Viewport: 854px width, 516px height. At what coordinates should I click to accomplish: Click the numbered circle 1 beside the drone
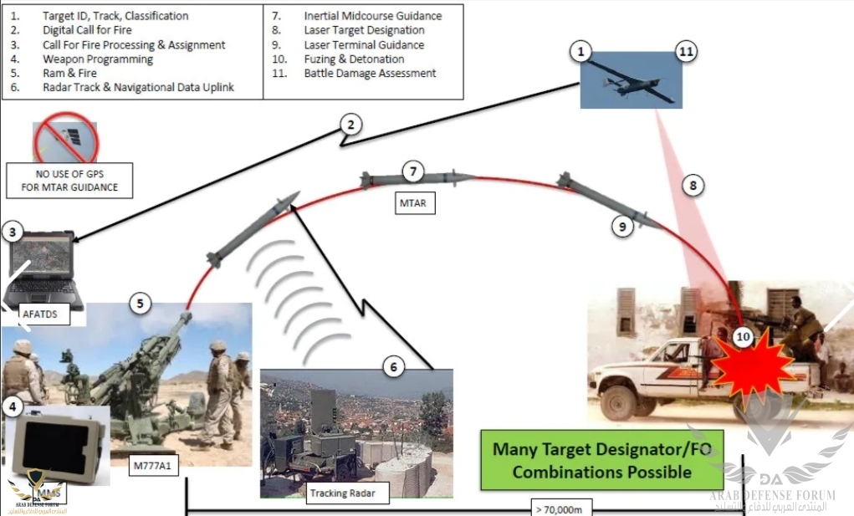580,53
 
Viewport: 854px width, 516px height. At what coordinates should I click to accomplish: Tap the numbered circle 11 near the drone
685,53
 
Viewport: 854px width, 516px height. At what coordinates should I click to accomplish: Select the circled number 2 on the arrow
351,125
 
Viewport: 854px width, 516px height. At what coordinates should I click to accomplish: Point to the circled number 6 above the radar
394,366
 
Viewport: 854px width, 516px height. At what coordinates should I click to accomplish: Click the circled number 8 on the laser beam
692,186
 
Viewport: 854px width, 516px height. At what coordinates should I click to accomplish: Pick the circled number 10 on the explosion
742,337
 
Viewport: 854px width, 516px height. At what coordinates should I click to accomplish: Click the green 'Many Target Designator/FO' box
601,460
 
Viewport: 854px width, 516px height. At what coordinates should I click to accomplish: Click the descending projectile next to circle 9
602,200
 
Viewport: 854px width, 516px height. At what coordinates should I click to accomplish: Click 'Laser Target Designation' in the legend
364,30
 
